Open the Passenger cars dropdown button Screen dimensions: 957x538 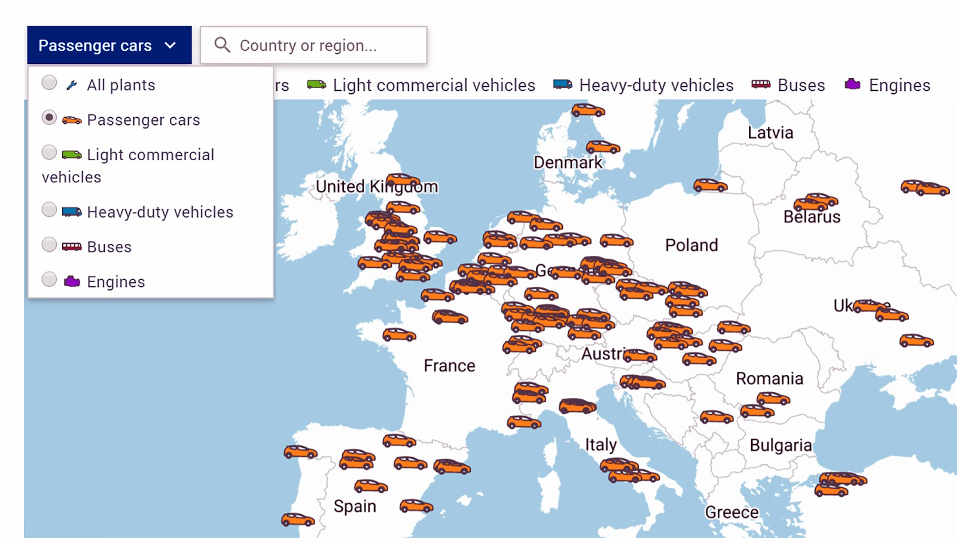pyautogui.click(x=109, y=45)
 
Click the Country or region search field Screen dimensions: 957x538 pyautogui.click(x=323, y=45)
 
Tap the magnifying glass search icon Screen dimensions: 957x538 pyautogui.click(x=222, y=45)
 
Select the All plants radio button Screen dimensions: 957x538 pyautogui.click(x=50, y=82)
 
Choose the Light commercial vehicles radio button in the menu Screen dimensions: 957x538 pyautogui.click(x=50, y=152)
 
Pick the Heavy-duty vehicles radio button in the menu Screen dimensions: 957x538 pyautogui.click(x=50, y=210)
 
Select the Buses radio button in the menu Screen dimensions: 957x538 pyautogui.click(x=50, y=244)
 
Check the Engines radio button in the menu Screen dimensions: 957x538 pyautogui.click(x=50, y=279)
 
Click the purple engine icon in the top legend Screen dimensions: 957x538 pyautogui.click(x=852, y=84)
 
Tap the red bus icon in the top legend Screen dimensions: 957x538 pyautogui.click(x=761, y=84)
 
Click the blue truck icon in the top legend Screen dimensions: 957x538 pyautogui.click(x=562, y=84)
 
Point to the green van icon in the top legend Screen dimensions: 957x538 pyautogui.click(x=316, y=84)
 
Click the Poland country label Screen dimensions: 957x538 pyautogui.click(x=691, y=245)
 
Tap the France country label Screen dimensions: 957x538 pyautogui.click(x=449, y=366)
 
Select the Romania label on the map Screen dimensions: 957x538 pyautogui.click(x=769, y=378)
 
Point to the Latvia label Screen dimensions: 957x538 pyautogui.click(x=770, y=133)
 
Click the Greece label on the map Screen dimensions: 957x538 pyautogui.click(x=732, y=512)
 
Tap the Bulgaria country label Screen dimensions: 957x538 pyautogui.click(x=781, y=445)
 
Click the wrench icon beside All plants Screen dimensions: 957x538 pyautogui.click(x=72, y=85)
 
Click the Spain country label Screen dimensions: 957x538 pyautogui.click(x=355, y=506)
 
